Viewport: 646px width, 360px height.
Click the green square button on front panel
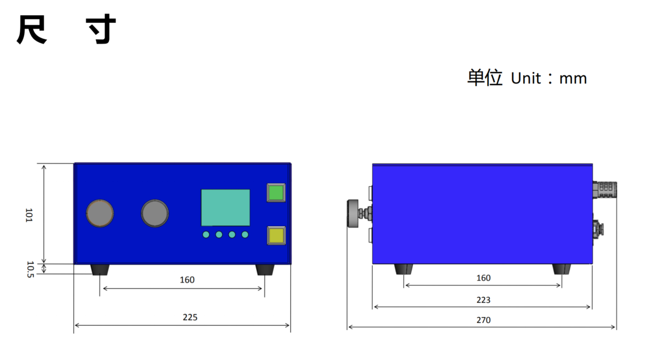[x=276, y=193]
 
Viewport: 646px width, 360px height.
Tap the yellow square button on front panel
[x=276, y=235]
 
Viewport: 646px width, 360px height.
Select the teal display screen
[x=226, y=207]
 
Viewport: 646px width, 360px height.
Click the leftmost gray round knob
[x=100, y=213]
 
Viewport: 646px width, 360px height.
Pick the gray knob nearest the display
[x=155, y=213]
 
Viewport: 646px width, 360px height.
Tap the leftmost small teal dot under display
[x=206, y=235]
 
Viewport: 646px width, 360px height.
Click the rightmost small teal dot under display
[x=245, y=235]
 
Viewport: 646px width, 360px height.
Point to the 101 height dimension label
[x=29, y=215]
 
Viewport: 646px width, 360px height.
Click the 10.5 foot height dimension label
[x=30, y=269]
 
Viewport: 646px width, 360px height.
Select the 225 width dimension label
[x=190, y=318]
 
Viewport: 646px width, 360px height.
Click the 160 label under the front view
[x=187, y=280]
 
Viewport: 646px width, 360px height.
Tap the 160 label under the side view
[x=483, y=278]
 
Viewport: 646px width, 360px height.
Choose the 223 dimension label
[x=483, y=300]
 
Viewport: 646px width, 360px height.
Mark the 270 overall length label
[x=483, y=320]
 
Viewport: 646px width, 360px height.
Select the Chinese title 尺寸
[x=67, y=30]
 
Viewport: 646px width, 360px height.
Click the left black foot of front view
[x=100, y=270]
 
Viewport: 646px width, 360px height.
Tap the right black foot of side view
[x=562, y=269]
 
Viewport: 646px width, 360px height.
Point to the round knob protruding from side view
[x=353, y=213]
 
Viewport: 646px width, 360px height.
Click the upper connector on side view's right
[x=605, y=190]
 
